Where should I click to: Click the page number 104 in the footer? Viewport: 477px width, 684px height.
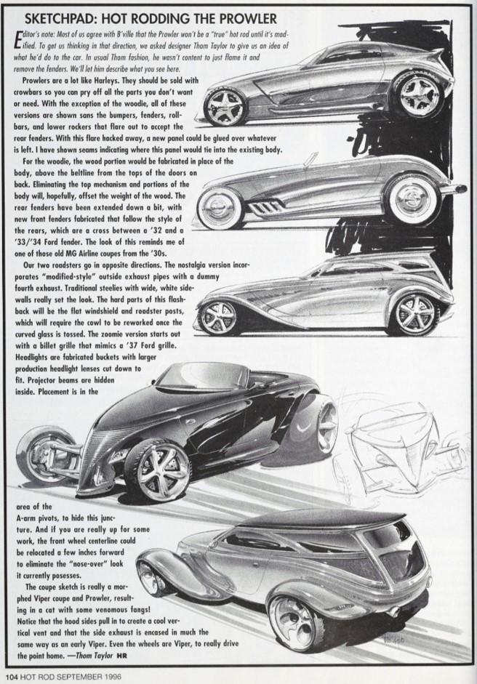11,676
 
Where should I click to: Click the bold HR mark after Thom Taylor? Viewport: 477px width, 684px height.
121,656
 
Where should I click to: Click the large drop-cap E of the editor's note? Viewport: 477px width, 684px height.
18,39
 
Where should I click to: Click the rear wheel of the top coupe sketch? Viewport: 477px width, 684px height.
419,93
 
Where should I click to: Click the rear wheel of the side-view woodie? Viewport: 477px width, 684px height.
413,313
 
